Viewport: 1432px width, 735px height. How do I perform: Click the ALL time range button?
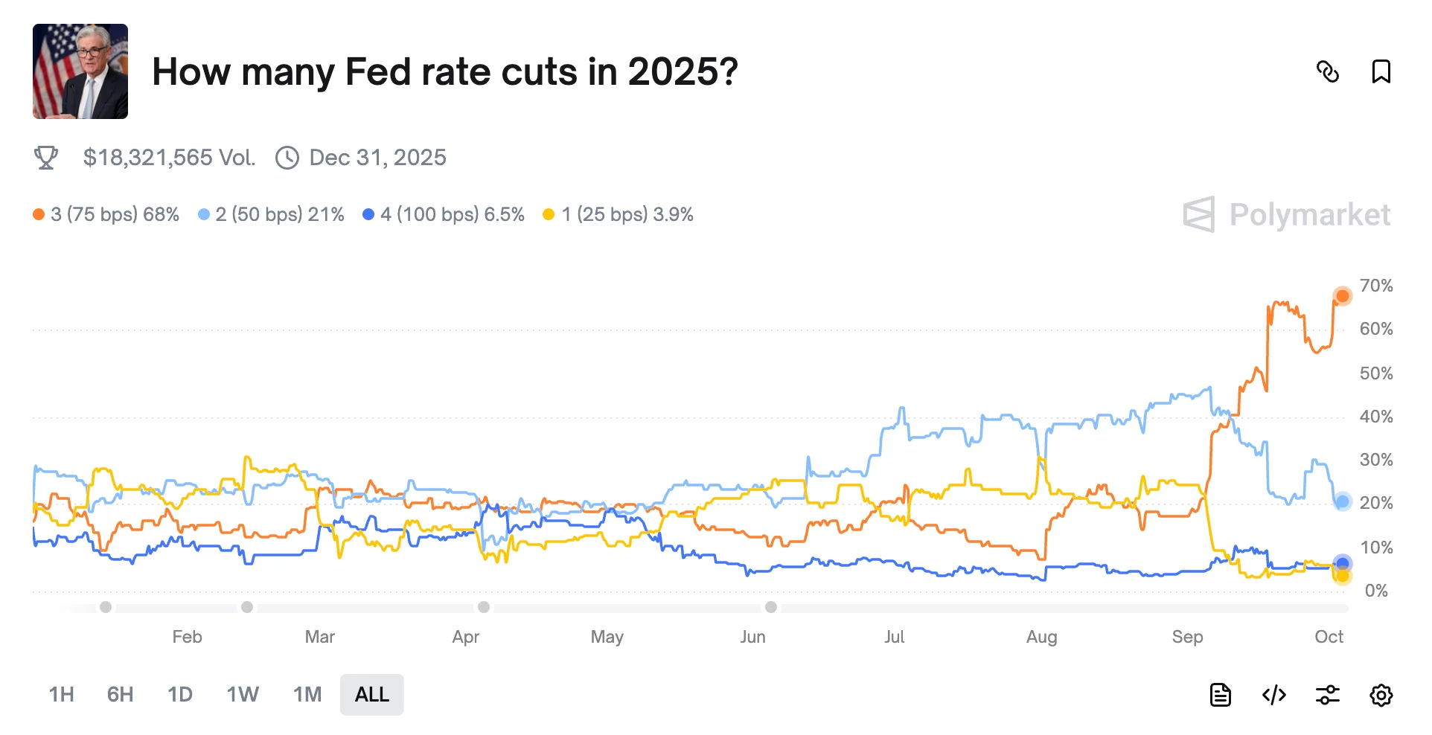coord(371,695)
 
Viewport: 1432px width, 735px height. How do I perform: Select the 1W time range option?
coord(243,695)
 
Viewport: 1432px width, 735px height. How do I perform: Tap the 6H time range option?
coord(120,695)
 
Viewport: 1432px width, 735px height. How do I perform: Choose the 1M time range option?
coord(307,695)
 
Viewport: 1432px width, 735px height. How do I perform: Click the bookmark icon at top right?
coord(1381,72)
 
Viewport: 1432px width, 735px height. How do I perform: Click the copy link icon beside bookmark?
coord(1328,72)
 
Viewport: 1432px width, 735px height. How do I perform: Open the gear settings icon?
coord(1381,696)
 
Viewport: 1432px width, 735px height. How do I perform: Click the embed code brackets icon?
coord(1274,696)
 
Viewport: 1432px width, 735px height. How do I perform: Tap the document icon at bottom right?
coord(1221,696)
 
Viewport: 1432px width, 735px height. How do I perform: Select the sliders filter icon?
coord(1328,696)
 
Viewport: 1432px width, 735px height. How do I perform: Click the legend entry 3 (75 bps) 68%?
coord(106,215)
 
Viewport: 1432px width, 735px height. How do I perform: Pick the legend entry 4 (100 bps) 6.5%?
coord(444,215)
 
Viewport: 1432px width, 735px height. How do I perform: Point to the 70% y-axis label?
coord(1375,286)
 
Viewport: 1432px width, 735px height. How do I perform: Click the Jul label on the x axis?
coord(894,637)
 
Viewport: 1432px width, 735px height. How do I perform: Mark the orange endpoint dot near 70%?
coord(1342,296)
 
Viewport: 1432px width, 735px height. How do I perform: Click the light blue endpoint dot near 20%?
coord(1342,501)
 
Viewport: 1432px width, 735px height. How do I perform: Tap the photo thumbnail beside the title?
coord(80,71)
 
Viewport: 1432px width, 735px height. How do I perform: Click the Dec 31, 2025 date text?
coord(377,158)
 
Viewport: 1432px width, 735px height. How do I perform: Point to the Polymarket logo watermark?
coord(1286,215)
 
